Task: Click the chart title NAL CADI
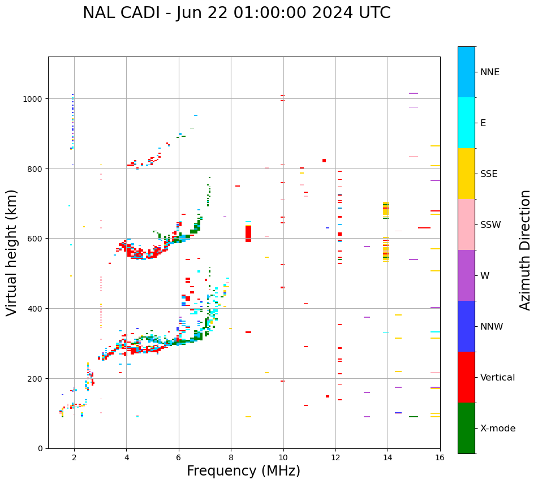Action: pos(236,13)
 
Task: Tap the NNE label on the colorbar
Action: pos(490,72)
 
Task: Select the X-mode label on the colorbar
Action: pos(498,429)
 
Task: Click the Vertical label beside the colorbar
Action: pos(498,378)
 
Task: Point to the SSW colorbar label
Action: pos(490,224)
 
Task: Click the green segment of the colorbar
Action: pos(466,428)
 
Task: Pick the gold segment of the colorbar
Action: pos(466,174)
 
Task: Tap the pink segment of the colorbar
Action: pos(466,224)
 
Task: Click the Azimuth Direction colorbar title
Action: pos(526,250)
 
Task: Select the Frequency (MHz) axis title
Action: pos(243,472)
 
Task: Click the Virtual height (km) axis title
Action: pos(12,253)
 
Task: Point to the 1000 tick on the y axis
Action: pos(33,99)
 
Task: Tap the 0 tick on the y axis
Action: pos(40,448)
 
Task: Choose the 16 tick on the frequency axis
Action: pos(440,458)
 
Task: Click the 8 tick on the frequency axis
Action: pos(231,458)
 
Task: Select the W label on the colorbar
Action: pos(484,275)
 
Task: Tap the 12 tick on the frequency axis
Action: pos(335,458)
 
